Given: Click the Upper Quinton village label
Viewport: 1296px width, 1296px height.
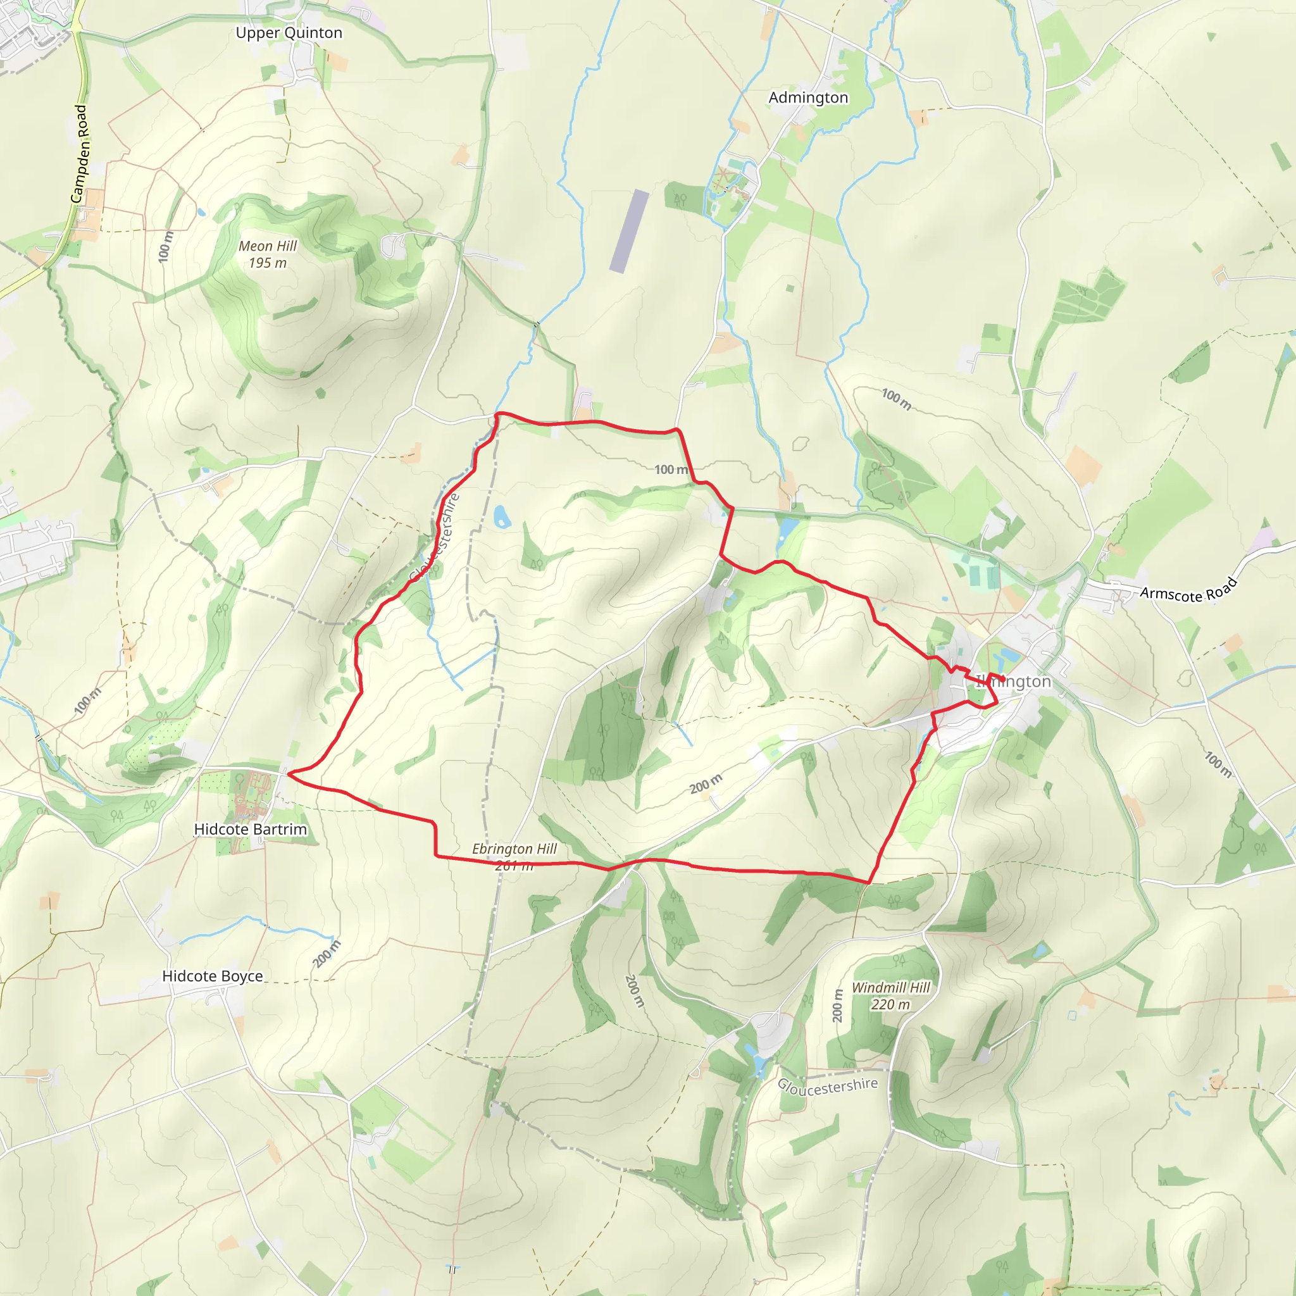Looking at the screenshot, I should click(x=289, y=33).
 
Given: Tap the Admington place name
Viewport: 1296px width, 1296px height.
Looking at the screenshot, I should click(x=807, y=98).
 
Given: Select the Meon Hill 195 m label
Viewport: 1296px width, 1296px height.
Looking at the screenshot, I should click(x=268, y=254).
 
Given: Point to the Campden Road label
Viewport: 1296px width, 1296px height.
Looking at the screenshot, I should click(x=79, y=154).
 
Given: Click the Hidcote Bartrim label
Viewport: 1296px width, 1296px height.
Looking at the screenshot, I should click(x=250, y=829).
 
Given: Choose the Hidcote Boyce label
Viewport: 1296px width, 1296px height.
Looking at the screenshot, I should click(x=213, y=976).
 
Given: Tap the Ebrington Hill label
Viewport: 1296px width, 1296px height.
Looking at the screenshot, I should click(x=514, y=849).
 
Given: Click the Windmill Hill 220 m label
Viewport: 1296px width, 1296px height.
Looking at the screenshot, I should click(x=891, y=995).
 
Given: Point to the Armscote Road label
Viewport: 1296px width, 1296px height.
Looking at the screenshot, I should click(x=1188, y=590).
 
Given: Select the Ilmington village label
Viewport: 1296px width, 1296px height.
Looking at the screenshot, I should click(x=1014, y=682).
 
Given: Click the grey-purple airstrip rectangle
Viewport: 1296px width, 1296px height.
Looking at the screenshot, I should click(x=629, y=231).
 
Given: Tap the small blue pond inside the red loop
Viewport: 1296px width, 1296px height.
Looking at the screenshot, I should click(x=501, y=516).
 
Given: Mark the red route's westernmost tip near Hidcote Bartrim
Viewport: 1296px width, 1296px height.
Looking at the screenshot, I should click(x=288, y=773).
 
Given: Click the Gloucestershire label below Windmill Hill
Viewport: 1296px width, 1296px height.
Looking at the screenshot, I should click(x=827, y=1086).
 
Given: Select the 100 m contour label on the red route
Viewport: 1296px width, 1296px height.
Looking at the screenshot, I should click(x=671, y=470).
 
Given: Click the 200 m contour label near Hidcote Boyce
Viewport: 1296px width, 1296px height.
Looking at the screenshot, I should click(x=327, y=954).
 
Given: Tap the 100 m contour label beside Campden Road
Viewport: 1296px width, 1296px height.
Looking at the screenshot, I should click(x=165, y=246).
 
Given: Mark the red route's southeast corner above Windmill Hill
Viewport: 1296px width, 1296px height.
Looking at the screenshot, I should click(x=869, y=883).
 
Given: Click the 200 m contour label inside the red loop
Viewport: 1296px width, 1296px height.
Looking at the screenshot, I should click(x=706, y=783).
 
